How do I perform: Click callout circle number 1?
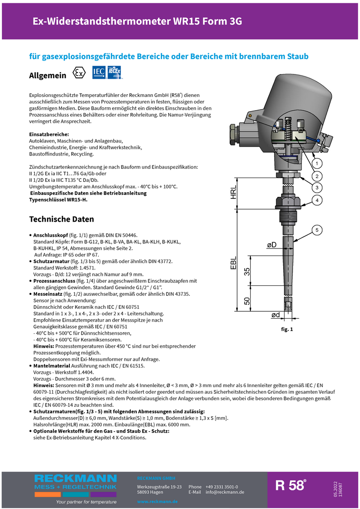(317, 164)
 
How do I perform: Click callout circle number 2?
(317, 176)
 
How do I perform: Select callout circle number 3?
(317, 188)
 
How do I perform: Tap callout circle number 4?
(317, 200)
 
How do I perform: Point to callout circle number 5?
(317, 230)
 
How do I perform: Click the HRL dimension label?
(233, 193)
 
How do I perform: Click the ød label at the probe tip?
(276, 315)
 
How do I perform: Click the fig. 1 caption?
(287, 329)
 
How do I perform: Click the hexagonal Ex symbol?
(80, 74)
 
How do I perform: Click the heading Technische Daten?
(61, 219)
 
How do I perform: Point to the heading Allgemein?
(48, 75)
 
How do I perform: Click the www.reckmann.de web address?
(157, 502)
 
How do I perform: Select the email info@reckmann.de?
(225, 492)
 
